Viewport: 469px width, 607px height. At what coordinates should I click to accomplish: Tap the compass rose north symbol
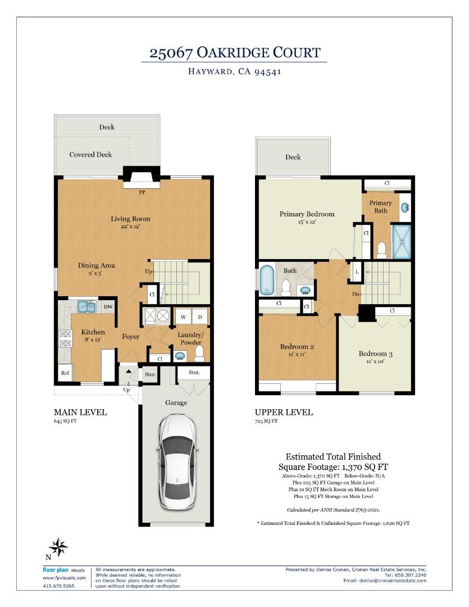click(x=58, y=546)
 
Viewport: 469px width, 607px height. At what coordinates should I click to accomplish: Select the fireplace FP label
click(x=142, y=192)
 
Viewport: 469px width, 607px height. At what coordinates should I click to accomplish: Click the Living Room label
click(x=130, y=219)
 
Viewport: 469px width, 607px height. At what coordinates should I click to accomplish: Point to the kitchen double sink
click(x=86, y=307)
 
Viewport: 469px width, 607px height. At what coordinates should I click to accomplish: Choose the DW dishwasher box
click(x=107, y=307)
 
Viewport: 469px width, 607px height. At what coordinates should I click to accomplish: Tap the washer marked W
click(x=183, y=317)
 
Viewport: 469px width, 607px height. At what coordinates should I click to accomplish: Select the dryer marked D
click(x=200, y=317)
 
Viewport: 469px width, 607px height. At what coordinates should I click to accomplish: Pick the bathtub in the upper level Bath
click(x=265, y=280)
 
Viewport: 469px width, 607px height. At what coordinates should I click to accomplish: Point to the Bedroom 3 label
click(x=375, y=354)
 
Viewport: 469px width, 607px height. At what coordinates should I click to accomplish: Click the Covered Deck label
click(x=90, y=155)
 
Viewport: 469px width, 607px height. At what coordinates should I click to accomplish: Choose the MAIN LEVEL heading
click(x=80, y=412)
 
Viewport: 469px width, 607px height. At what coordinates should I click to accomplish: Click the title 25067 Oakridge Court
click(x=234, y=53)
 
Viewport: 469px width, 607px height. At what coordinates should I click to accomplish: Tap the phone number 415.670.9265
click(x=58, y=586)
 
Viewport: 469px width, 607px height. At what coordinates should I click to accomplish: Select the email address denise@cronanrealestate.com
click(x=385, y=581)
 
